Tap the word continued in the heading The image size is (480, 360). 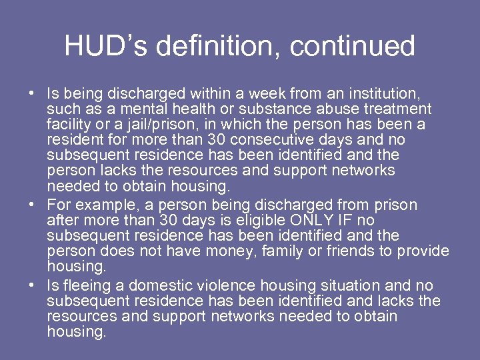[353, 47]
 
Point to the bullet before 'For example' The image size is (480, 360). [31, 205]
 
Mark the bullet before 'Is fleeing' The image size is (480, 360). [31, 285]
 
